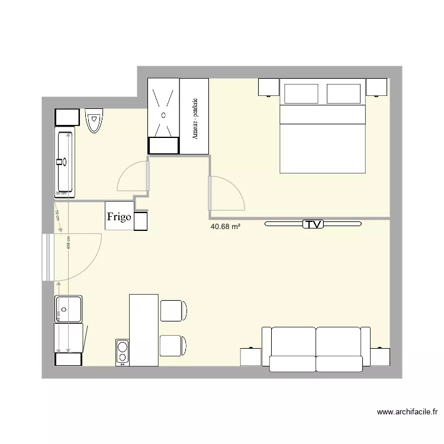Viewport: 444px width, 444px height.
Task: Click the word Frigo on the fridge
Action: (x=119, y=217)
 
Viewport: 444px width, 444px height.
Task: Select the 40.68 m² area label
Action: (x=225, y=226)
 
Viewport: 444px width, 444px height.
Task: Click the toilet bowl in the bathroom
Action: (x=93, y=121)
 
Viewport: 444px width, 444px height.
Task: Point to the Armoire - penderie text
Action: (x=195, y=118)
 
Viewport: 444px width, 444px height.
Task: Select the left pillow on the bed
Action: (x=302, y=94)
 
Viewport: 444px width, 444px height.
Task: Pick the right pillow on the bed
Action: (x=343, y=94)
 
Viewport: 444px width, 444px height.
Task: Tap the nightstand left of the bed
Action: (x=268, y=87)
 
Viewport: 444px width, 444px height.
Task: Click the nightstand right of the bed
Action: (x=377, y=87)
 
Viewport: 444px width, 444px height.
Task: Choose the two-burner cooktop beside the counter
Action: (x=123, y=350)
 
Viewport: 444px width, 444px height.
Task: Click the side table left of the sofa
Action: (x=251, y=357)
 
